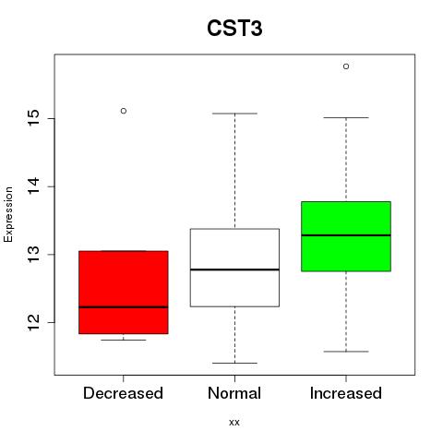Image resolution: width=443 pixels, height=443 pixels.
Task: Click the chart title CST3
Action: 234,29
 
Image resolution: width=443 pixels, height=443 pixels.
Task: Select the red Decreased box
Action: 124,293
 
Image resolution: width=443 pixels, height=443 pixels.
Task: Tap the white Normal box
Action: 234,268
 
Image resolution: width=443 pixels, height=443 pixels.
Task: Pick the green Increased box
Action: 346,236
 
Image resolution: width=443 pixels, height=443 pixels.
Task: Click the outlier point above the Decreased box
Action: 124,111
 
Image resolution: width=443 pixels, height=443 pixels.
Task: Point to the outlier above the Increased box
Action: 346,66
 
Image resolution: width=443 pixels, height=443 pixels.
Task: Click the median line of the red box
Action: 124,307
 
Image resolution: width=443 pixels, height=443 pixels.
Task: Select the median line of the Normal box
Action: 234,269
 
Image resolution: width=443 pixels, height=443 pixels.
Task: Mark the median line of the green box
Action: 346,235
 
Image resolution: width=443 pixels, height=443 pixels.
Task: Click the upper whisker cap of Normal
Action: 234,114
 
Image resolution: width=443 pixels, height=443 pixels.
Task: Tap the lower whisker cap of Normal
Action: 234,363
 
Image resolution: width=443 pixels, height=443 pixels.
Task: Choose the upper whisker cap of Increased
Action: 346,117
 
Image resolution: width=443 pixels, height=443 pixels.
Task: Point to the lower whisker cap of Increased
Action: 346,352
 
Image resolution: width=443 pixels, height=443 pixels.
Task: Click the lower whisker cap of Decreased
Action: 124,340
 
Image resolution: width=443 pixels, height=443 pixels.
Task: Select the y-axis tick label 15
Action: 34,118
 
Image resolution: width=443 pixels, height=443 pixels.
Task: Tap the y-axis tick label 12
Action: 34,322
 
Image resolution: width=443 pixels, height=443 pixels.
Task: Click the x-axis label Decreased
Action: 123,393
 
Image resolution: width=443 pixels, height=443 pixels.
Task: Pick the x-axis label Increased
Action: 346,393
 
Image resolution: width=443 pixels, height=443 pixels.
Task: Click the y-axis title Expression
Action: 8,214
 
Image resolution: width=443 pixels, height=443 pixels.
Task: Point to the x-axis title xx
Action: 234,423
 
